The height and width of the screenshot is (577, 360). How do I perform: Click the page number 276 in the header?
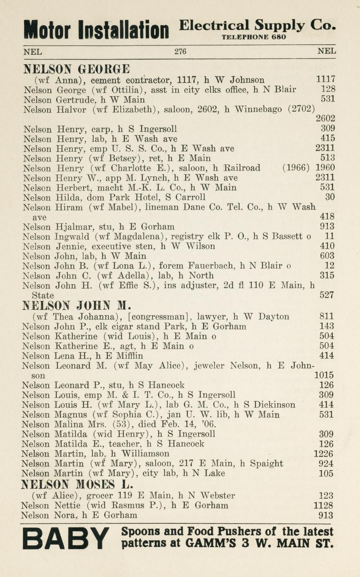click(x=180, y=52)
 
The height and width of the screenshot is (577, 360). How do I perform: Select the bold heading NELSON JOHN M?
click(x=77, y=306)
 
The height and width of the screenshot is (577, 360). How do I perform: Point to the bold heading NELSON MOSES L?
click(x=77, y=485)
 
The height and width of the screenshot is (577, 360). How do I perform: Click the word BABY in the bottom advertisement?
click(x=65, y=539)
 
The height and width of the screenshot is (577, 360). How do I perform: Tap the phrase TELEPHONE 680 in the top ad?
click(x=254, y=37)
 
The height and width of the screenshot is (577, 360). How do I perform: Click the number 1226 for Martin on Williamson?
click(x=324, y=454)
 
